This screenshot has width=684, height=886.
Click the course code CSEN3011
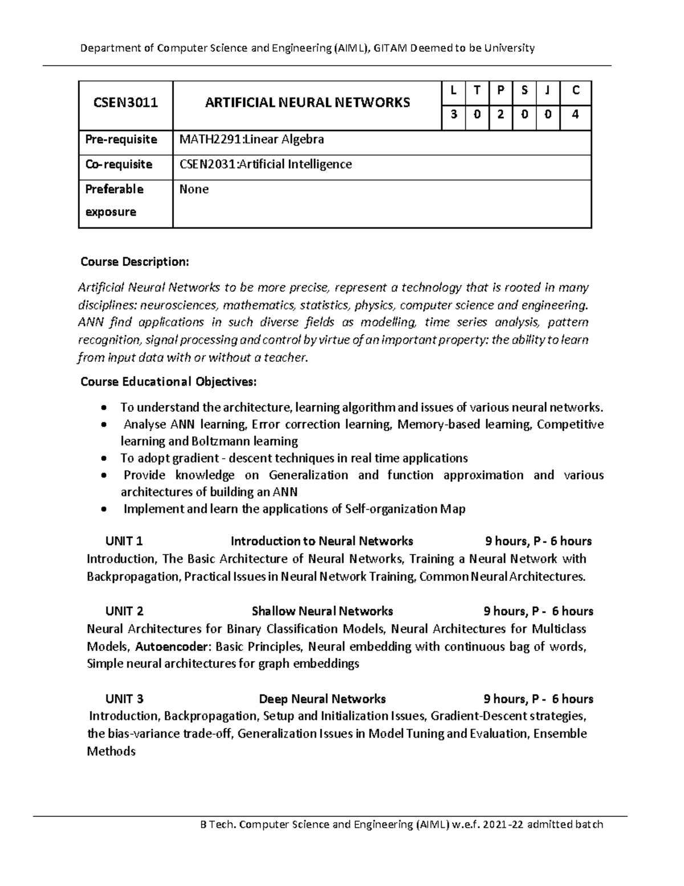pyautogui.click(x=125, y=103)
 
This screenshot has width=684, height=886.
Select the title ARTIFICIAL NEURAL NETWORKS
pyautogui.click(x=307, y=103)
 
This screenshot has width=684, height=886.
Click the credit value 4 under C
pyautogui.click(x=576, y=114)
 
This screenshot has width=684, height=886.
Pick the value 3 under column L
pyautogui.click(x=454, y=114)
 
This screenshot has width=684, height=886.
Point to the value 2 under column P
pyautogui.click(x=500, y=114)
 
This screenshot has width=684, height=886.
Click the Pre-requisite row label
pyautogui.click(x=121, y=139)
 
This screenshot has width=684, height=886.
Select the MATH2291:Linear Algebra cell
pyautogui.click(x=251, y=139)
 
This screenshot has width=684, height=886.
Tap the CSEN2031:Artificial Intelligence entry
pyautogui.click(x=265, y=164)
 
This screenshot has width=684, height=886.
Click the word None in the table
pyautogui.click(x=194, y=189)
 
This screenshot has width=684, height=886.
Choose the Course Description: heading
pyautogui.click(x=134, y=262)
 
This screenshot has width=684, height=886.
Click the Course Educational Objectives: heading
pyautogui.click(x=169, y=382)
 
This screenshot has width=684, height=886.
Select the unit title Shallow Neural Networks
pyautogui.click(x=322, y=611)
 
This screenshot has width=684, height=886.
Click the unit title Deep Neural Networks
pyautogui.click(x=322, y=699)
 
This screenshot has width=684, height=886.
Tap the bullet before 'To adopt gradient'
pyautogui.click(x=103, y=459)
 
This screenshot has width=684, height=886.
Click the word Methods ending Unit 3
pyautogui.click(x=111, y=751)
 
